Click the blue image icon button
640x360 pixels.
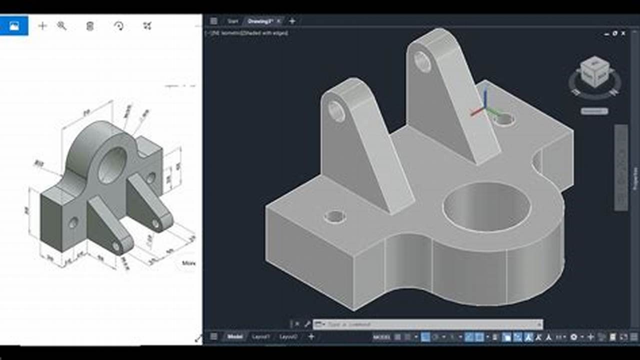click(x=14, y=26)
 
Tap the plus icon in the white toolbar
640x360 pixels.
click(x=42, y=26)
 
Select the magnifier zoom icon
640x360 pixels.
click(x=62, y=26)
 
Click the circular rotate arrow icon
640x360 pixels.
click(x=119, y=26)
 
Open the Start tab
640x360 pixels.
click(x=232, y=21)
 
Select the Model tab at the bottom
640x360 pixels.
click(x=234, y=337)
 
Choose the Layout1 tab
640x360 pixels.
click(x=261, y=337)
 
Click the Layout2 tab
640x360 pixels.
click(x=288, y=337)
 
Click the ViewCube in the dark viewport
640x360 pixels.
click(x=594, y=72)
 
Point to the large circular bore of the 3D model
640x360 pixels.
click(x=486, y=206)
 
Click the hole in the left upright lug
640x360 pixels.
click(x=336, y=111)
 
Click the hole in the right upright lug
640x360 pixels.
click(x=422, y=62)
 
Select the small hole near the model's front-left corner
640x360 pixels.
click(x=334, y=216)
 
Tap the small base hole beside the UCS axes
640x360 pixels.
click(x=504, y=119)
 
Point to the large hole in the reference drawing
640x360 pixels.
click(x=112, y=165)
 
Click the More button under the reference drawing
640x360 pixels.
click(x=188, y=263)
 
